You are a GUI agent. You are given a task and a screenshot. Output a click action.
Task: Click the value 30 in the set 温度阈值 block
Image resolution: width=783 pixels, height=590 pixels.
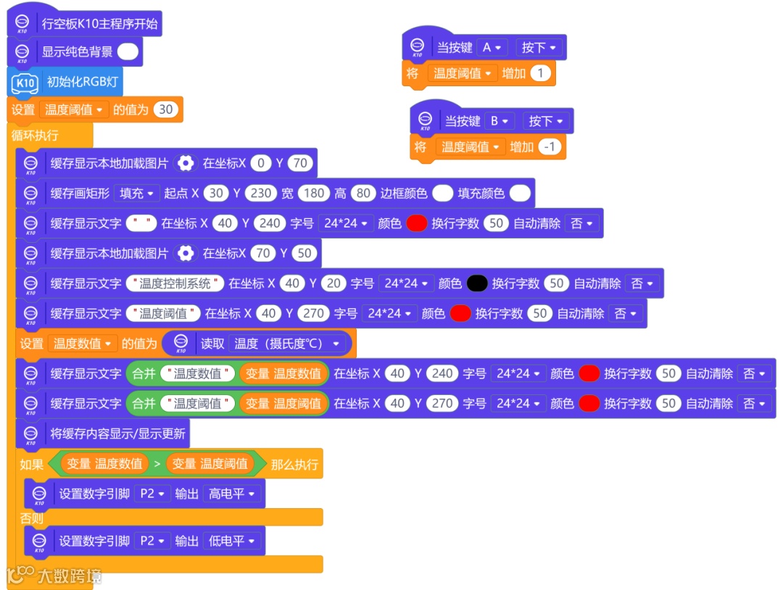[x=166, y=109]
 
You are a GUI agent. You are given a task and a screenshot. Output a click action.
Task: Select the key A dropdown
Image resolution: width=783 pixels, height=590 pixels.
[x=492, y=47]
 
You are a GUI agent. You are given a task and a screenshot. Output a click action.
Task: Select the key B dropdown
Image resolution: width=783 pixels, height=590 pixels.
[x=500, y=121]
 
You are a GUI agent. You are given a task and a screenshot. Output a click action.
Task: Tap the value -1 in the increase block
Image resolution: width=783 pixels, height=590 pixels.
[x=551, y=146]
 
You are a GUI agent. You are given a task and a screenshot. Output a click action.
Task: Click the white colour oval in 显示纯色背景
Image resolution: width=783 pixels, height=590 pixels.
[x=128, y=51]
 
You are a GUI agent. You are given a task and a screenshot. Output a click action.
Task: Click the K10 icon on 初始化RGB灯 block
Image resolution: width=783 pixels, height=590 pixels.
[x=25, y=83]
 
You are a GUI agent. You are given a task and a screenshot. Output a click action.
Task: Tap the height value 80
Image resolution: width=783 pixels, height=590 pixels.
[x=362, y=194]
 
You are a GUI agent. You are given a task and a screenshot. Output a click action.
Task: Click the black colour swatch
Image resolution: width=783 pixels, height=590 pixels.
[x=476, y=283]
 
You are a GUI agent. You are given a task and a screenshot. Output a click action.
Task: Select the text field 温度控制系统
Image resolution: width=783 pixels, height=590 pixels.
[x=175, y=283]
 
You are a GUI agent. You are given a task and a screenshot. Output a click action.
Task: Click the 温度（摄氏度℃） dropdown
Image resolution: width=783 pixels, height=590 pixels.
[x=288, y=343]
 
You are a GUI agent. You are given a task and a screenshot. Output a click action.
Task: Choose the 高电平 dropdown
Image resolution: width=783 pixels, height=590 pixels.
[x=232, y=494]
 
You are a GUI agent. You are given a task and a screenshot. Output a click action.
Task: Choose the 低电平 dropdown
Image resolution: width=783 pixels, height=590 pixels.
[x=232, y=541]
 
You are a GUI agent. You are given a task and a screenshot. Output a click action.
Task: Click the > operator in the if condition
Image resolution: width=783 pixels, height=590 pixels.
[x=157, y=463]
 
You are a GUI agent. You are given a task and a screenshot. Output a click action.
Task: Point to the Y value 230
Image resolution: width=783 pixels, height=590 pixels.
[x=260, y=194]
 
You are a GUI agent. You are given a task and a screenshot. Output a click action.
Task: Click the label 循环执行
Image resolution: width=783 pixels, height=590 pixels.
[x=35, y=136]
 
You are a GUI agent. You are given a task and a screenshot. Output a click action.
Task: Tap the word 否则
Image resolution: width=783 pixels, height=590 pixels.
[x=31, y=518]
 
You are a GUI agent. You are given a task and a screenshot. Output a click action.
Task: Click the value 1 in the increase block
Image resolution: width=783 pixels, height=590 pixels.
[x=541, y=72]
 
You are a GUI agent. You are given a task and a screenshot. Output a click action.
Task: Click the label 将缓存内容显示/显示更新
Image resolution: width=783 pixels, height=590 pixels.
[x=117, y=433]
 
